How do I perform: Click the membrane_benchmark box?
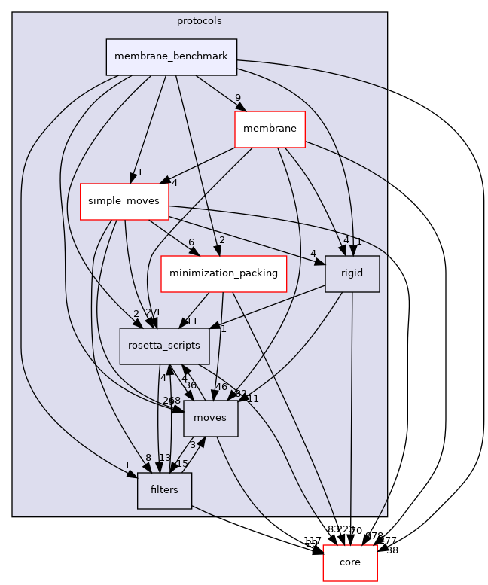pyautogui.click(x=172, y=57)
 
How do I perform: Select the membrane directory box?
pyautogui.click(x=270, y=129)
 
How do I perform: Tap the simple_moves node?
pyautogui.click(x=124, y=201)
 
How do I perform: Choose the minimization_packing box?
pyautogui.click(x=224, y=274)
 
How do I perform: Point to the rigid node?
pyautogui.click(x=352, y=273)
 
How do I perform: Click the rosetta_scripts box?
pyautogui.click(x=164, y=346)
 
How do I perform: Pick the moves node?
pyautogui.click(x=210, y=418)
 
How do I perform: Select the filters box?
pyautogui.click(x=164, y=490)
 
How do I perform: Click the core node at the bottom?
pyautogui.click(x=350, y=562)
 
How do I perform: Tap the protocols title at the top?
pyautogui.click(x=200, y=20)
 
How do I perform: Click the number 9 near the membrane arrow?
pyautogui.click(x=237, y=98)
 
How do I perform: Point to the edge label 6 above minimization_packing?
pyautogui.click(x=191, y=242)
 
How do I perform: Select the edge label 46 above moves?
pyautogui.click(x=221, y=387)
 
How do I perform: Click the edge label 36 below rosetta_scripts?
pyautogui.click(x=191, y=385)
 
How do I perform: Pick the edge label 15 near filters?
pyautogui.click(x=181, y=464)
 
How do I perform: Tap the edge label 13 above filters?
pyautogui.click(x=165, y=458)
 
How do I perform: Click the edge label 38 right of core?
pyautogui.click(x=392, y=550)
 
